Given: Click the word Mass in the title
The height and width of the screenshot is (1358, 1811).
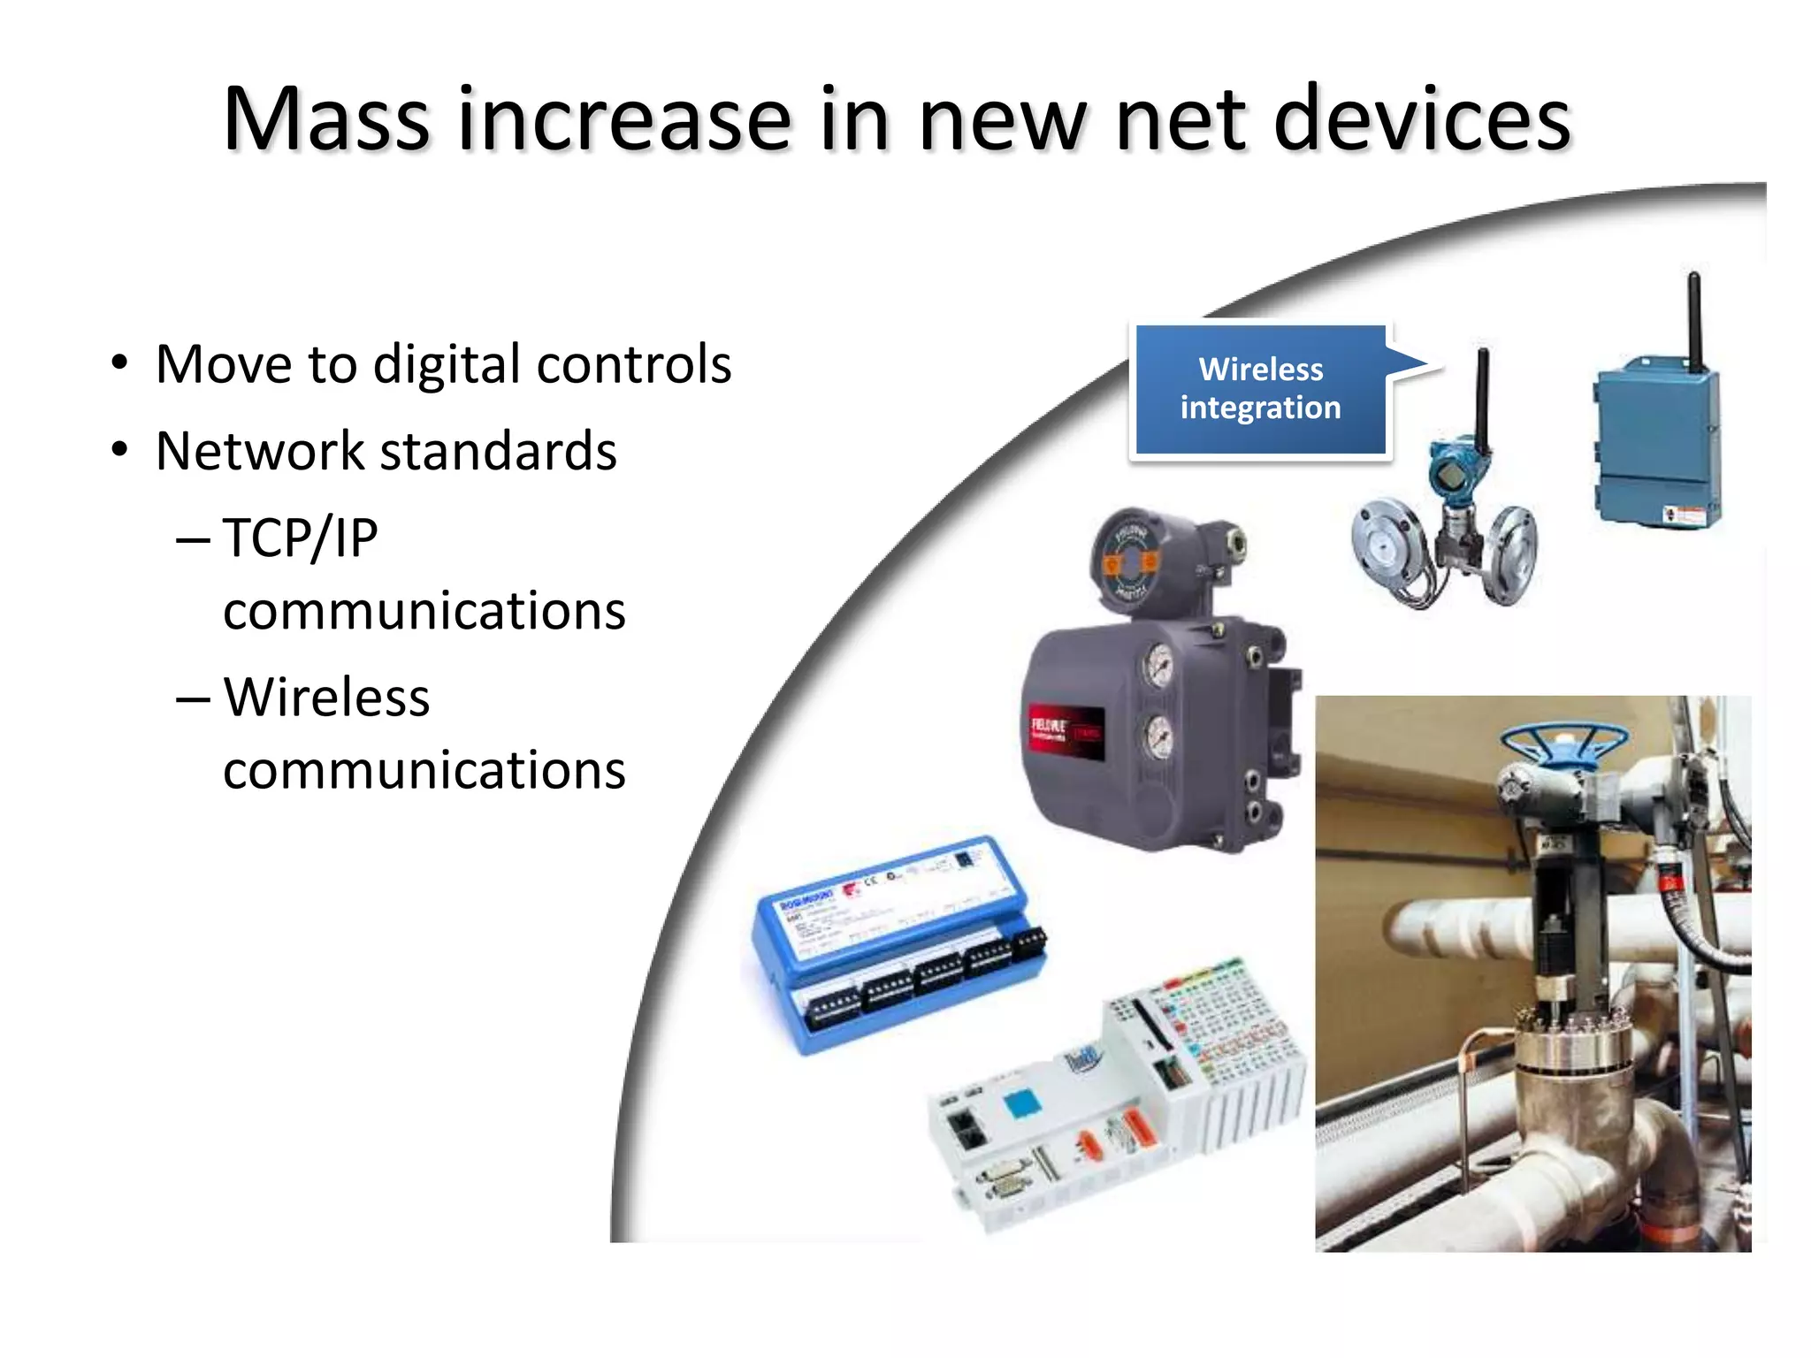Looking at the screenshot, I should pyautogui.click(x=326, y=119).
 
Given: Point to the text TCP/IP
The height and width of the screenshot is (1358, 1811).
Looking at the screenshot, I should pyautogui.click(x=301, y=538).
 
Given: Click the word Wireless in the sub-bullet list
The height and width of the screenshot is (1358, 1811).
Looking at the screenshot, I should pyautogui.click(x=326, y=698).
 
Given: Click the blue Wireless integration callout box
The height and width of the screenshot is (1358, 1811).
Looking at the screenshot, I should pyautogui.click(x=1260, y=389).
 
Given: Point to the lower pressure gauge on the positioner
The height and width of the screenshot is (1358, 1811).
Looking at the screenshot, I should pyautogui.click(x=1158, y=736).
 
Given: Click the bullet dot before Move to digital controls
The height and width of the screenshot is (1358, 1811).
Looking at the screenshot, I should pyautogui.click(x=119, y=363).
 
